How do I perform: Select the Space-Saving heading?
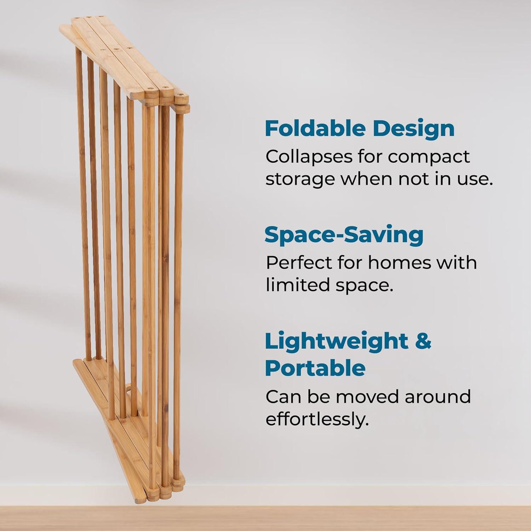[x=344, y=234]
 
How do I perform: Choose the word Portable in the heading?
[x=315, y=368]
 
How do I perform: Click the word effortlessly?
[x=317, y=419]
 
